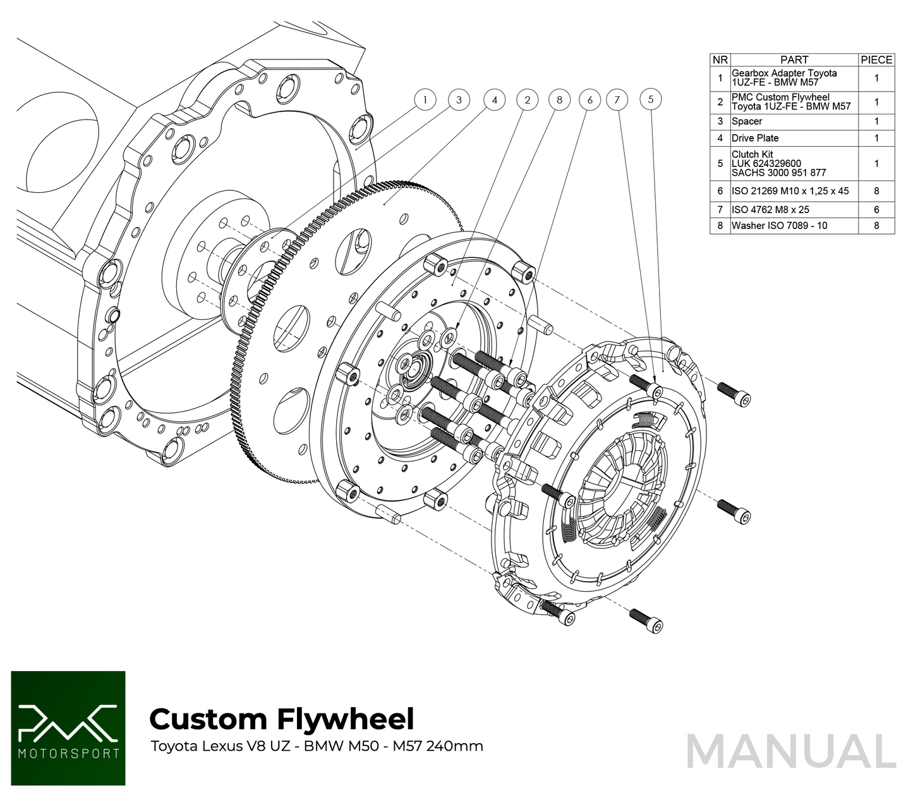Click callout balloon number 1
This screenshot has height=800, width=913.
[x=425, y=100]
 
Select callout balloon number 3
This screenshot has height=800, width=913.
[x=459, y=100]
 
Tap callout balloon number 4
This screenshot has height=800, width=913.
[x=494, y=100]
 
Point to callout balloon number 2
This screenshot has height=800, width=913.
[x=527, y=100]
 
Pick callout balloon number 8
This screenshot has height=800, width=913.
[x=559, y=100]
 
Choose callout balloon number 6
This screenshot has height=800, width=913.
[x=590, y=100]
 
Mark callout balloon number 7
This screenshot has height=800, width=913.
[x=617, y=99]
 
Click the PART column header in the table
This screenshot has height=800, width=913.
[x=794, y=59]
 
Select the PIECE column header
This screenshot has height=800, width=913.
[x=876, y=59]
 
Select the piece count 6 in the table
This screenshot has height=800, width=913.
[x=876, y=209]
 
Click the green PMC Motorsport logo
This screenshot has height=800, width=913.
[x=68, y=728]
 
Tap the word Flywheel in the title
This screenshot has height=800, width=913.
[x=346, y=720]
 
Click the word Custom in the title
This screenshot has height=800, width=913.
[x=209, y=720]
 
